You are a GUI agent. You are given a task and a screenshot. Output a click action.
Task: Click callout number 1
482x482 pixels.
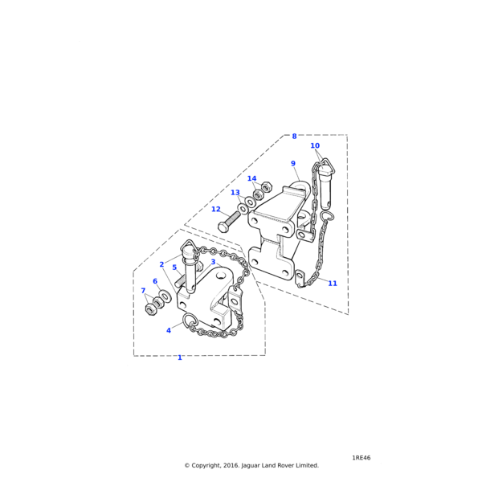[x=179, y=357]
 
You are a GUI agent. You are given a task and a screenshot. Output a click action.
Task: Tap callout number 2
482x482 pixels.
[x=161, y=264]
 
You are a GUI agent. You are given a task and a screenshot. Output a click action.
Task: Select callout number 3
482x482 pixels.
[x=213, y=262]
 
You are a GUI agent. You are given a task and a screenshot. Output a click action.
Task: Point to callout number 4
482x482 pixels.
[x=169, y=330]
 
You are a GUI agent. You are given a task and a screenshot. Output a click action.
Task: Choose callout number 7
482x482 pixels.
[x=143, y=291]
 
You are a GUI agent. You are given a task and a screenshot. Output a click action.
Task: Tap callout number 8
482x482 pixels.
[x=294, y=136]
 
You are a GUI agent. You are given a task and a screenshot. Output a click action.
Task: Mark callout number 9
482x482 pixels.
[x=293, y=164]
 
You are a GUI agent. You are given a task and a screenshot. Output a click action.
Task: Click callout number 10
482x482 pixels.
[x=315, y=145]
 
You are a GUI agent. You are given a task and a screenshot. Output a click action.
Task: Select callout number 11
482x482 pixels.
[x=333, y=284]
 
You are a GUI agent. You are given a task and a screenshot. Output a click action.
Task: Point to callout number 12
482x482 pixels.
[x=215, y=209]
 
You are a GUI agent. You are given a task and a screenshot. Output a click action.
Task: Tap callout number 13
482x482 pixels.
[x=235, y=193]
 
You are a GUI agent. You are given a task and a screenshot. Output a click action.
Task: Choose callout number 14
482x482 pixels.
[x=251, y=178]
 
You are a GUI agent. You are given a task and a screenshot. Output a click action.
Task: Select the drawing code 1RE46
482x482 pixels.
[x=361, y=458]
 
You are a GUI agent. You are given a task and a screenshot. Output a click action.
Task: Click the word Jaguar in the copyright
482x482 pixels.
[x=253, y=465]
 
